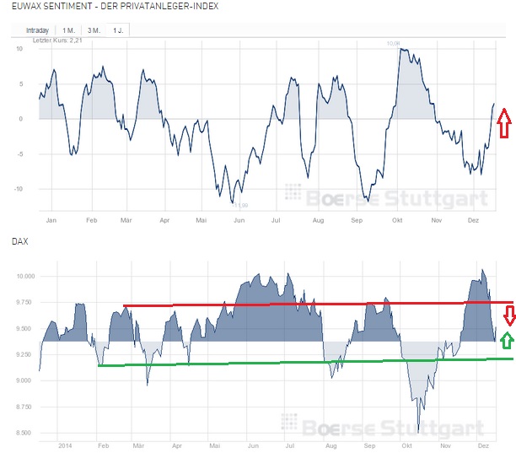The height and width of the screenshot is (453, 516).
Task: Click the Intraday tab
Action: click(x=37, y=30)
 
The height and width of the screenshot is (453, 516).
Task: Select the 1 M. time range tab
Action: click(x=68, y=30)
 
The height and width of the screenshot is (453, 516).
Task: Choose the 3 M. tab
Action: click(x=94, y=30)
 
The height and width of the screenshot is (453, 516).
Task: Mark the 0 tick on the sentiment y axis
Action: click(x=20, y=118)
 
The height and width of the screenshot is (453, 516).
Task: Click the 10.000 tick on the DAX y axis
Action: click(x=25, y=276)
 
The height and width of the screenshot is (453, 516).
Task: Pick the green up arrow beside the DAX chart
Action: click(x=507, y=341)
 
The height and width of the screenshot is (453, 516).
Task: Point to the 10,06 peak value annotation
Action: click(x=393, y=43)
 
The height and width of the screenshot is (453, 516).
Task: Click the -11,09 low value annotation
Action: click(x=239, y=204)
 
